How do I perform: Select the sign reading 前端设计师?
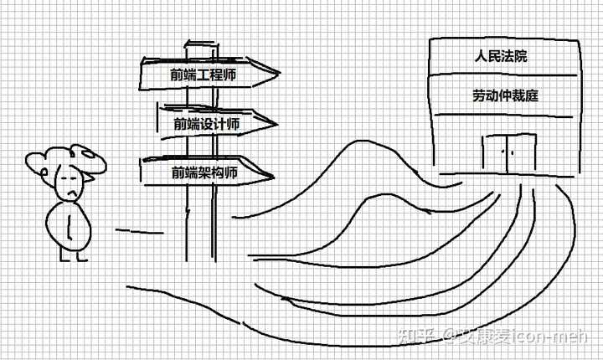point(207,124)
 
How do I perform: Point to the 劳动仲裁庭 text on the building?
point(504,95)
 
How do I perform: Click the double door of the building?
point(508,154)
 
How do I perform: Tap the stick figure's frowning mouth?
point(75,193)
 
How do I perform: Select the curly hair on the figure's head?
point(63,158)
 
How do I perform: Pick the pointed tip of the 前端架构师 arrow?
point(273,177)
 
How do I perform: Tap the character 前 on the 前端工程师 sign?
point(176,75)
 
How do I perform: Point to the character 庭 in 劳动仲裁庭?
point(531,95)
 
